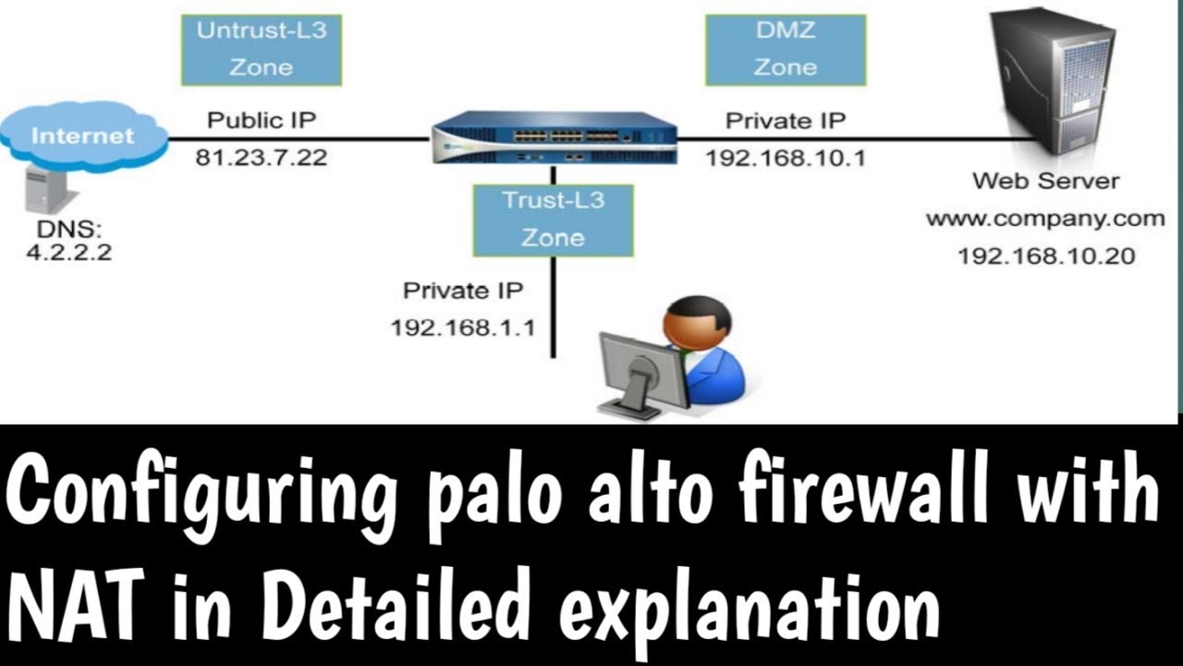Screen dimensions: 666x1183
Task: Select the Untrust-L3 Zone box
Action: pyautogui.click(x=261, y=49)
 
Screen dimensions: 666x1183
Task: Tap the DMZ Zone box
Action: pyautogui.click(x=785, y=49)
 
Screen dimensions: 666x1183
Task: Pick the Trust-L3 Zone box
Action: pyautogui.click(x=553, y=219)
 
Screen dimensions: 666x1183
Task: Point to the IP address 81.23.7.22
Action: pyautogui.click(x=261, y=157)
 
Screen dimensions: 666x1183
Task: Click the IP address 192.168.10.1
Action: pyautogui.click(x=785, y=157)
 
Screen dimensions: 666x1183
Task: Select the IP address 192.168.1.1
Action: pyautogui.click(x=462, y=327)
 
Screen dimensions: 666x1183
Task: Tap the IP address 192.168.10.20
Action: pyautogui.click(x=1045, y=256)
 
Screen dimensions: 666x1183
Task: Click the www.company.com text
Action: pyautogui.click(x=1045, y=219)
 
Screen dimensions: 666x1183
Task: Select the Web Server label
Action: pyautogui.click(x=1045, y=181)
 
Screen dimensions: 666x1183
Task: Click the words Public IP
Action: pyautogui.click(x=261, y=120)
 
